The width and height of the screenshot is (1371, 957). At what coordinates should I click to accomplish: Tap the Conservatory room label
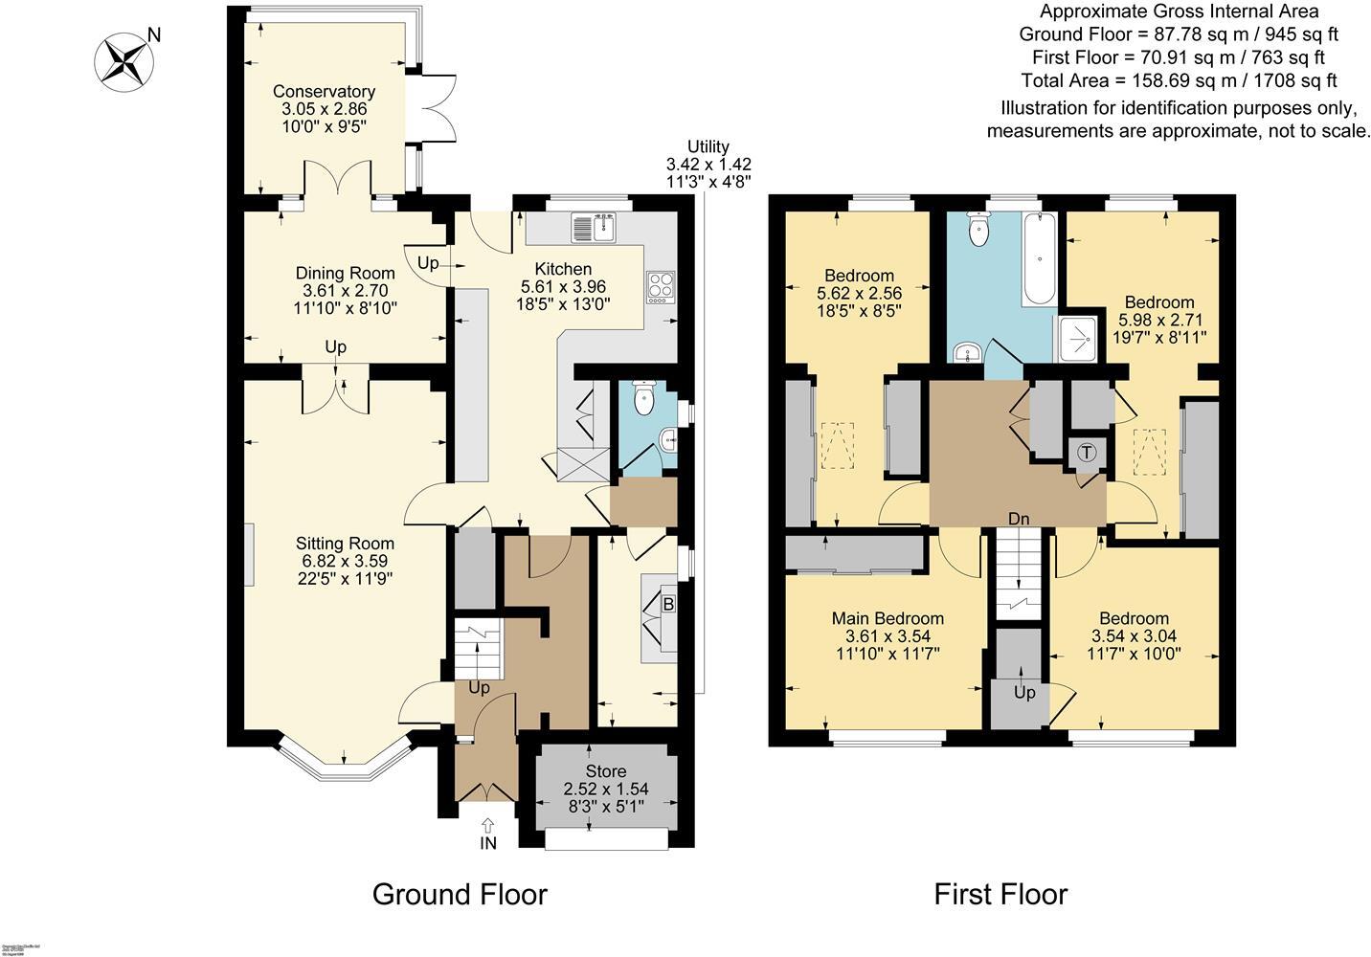pos(324,92)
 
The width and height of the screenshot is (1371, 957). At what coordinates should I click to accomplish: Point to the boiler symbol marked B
pos(667,604)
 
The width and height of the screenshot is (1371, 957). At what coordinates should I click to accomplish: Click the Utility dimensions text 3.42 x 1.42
pos(708,164)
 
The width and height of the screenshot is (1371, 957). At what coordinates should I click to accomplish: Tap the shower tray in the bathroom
pos(1081,337)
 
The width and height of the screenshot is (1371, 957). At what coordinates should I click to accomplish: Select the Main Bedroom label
pos(888,618)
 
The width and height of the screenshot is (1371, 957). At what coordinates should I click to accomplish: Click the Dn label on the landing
pos(1019,519)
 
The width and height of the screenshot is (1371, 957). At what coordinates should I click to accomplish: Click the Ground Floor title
pos(460,894)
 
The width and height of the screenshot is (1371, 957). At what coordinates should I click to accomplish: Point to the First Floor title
pos(1000,894)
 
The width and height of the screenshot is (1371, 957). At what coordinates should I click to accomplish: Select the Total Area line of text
pos(1179,80)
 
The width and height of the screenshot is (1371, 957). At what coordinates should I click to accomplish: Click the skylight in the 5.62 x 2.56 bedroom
pos(838,445)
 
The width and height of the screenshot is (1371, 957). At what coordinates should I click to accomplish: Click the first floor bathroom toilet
pos(977,230)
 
